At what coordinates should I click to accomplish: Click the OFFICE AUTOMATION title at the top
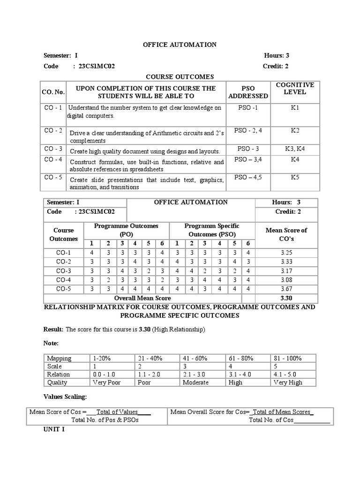click(180, 45)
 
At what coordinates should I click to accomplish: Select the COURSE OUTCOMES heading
click(180, 77)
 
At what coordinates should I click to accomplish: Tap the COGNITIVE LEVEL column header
click(295, 89)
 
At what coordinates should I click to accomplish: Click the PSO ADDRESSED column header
click(248, 92)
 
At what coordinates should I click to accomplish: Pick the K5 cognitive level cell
click(295, 178)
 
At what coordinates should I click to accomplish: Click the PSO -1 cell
click(248, 108)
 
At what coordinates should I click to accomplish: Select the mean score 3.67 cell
click(286, 289)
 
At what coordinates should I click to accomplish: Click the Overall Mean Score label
click(142, 298)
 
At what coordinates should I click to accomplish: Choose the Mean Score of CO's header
click(286, 234)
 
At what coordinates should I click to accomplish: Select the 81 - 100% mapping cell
click(287, 359)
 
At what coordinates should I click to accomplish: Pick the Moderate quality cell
click(196, 382)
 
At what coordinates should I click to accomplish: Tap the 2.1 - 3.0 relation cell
click(196, 375)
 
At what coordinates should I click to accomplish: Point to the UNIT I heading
click(54, 429)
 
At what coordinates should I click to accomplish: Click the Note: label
click(52, 344)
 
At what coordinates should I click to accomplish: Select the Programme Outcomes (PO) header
click(126, 230)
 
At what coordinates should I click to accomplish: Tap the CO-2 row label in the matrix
click(63, 262)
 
